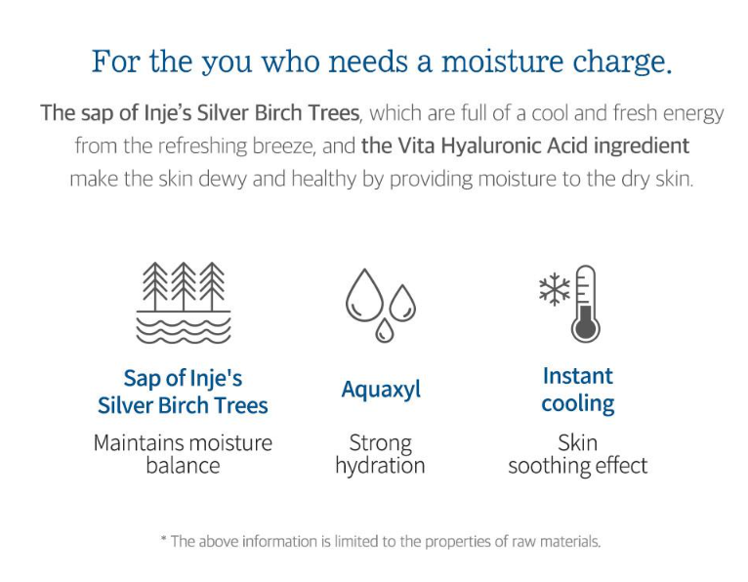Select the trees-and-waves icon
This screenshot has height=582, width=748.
tap(184, 303)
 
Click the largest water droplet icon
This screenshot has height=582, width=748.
tap(364, 295)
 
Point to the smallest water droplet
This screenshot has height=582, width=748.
tap(384, 331)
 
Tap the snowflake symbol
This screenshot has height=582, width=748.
tap(555, 289)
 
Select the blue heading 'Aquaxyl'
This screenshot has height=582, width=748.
tap(381, 391)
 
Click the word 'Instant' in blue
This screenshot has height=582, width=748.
tap(578, 376)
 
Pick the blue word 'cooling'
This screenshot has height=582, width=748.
tap(578, 404)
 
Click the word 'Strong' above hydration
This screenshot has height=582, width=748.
tap(380, 443)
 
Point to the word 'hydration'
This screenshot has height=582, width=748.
tap(380, 466)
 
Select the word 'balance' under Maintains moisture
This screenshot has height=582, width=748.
tap(183, 466)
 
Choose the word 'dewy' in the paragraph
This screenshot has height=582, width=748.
tap(223, 180)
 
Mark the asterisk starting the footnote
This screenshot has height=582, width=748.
tap(164, 539)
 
